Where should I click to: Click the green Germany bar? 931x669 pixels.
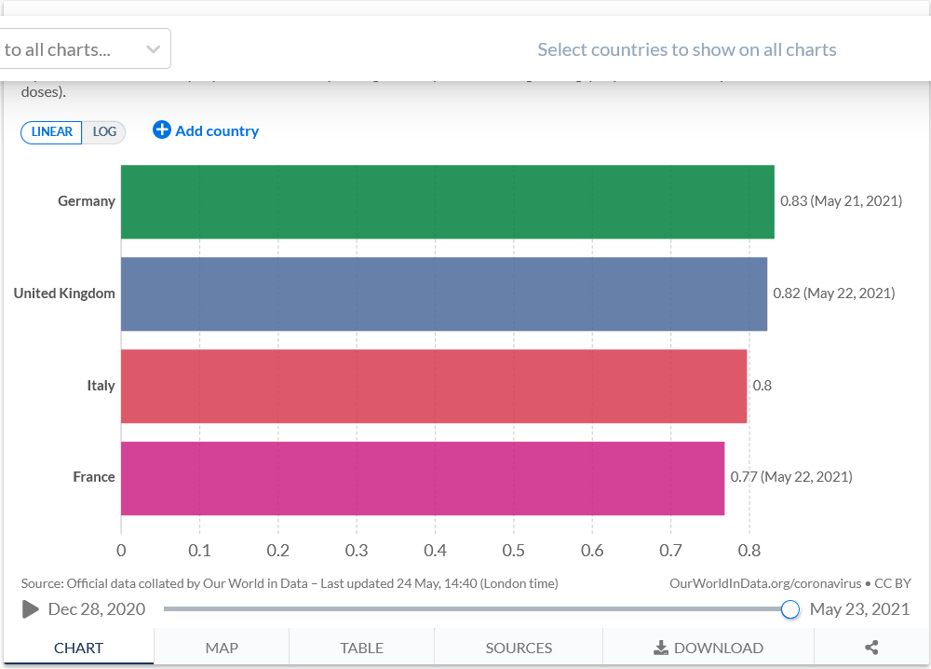[447, 201]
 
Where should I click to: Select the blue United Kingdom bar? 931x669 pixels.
[443, 294]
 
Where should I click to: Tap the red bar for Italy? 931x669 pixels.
[434, 386]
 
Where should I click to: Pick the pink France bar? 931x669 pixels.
[423, 478]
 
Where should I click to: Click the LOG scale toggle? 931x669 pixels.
[104, 132]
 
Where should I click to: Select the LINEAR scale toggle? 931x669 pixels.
[52, 132]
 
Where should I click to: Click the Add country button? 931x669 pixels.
[206, 131]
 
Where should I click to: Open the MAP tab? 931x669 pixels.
[222, 648]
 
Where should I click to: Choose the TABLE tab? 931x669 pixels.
[361, 648]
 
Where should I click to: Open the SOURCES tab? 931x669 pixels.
[519, 648]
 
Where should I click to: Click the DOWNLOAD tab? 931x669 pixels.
[708, 648]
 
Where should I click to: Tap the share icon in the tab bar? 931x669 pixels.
[871, 648]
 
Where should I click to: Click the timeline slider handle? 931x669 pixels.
[790, 609]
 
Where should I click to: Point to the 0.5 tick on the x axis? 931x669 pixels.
[513, 551]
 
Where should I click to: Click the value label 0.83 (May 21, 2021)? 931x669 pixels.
[841, 200]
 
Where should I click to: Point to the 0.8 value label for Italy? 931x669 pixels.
[762, 385]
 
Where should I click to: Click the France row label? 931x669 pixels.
[94, 477]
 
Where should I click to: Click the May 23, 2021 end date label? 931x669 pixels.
[859, 609]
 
